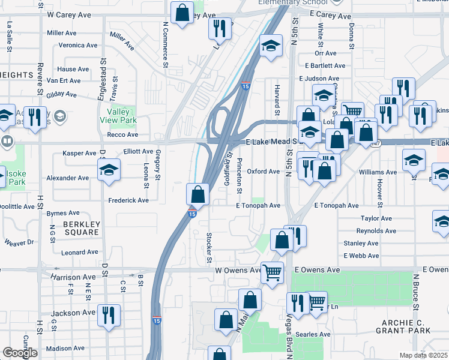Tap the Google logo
click(x=20, y=353)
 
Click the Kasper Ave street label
click(x=80, y=154)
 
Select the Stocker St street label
click(x=209, y=248)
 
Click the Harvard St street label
click(x=277, y=100)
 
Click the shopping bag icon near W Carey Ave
click(x=181, y=13)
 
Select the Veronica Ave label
click(x=77, y=45)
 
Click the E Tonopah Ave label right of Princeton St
click(x=258, y=205)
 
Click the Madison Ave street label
click(x=66, y=349)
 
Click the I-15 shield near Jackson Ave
click(x=156, y=322)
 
